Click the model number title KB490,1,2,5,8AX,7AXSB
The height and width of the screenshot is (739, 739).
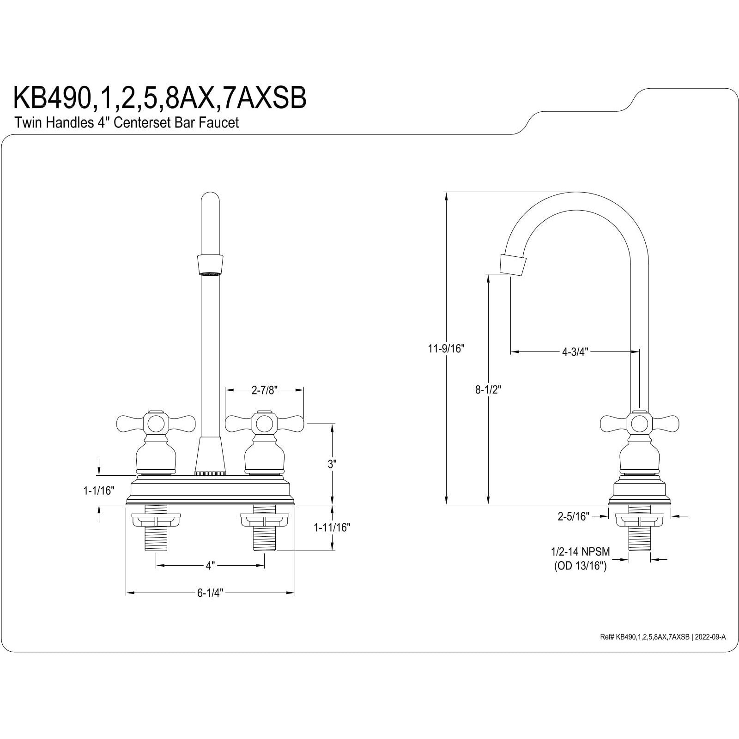coord(159,98)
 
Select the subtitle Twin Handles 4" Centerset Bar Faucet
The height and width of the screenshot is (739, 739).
coord(127,123)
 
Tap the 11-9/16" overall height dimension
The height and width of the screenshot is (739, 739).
coord(445,349)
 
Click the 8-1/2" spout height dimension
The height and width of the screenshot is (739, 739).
coord(488,390)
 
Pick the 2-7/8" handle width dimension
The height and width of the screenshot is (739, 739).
coord(264,390)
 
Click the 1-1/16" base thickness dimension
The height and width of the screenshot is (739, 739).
coord(98,490)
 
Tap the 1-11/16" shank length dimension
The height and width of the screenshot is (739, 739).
coord(332,527)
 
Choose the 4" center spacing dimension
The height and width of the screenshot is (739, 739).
coord(210,566)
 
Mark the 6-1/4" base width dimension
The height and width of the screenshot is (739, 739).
coord(210,593)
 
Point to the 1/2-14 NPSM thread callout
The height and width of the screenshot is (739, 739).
coord(580,551)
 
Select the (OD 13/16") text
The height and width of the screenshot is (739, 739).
coord(580,566)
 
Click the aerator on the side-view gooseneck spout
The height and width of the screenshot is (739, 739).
coord(513,265)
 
